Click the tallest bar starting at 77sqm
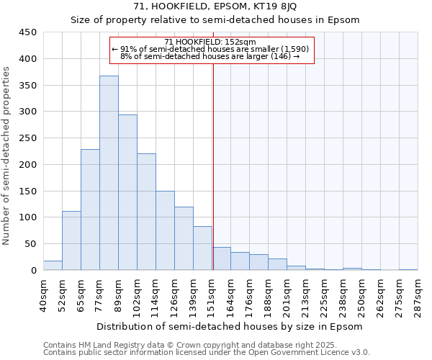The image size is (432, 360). [x=109, y=173]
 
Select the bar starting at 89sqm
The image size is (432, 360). [x=127, y=192]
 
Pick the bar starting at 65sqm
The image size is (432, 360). [x=90, y=210]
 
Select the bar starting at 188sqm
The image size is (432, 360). [x=277, y=264]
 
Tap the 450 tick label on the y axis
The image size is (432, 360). [x=28, y=32]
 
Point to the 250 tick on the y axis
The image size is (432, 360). [x=28, y=138]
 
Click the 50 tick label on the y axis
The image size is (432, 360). [x=31, y=244]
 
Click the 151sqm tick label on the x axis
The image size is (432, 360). [x=212, y=295]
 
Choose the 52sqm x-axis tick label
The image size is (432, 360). [x=62, y=295]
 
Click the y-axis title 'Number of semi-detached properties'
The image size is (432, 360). [x=7, y=155]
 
